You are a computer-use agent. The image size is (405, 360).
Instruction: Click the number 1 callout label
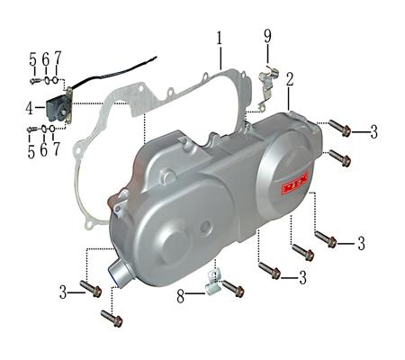click(218, 39)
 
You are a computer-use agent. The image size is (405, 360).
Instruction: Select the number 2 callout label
click(290, 79)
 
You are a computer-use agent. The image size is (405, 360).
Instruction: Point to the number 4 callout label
click(29, 108)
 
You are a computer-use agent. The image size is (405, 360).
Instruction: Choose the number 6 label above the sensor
click(45, 58)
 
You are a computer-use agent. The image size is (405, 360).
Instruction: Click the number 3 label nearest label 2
click(373, 131)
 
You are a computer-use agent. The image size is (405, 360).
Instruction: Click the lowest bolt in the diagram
click(111, 319)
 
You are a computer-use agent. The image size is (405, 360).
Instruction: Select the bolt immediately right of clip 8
click(233, 288)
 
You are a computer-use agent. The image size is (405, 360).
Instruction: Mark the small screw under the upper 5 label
click(32, 81)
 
